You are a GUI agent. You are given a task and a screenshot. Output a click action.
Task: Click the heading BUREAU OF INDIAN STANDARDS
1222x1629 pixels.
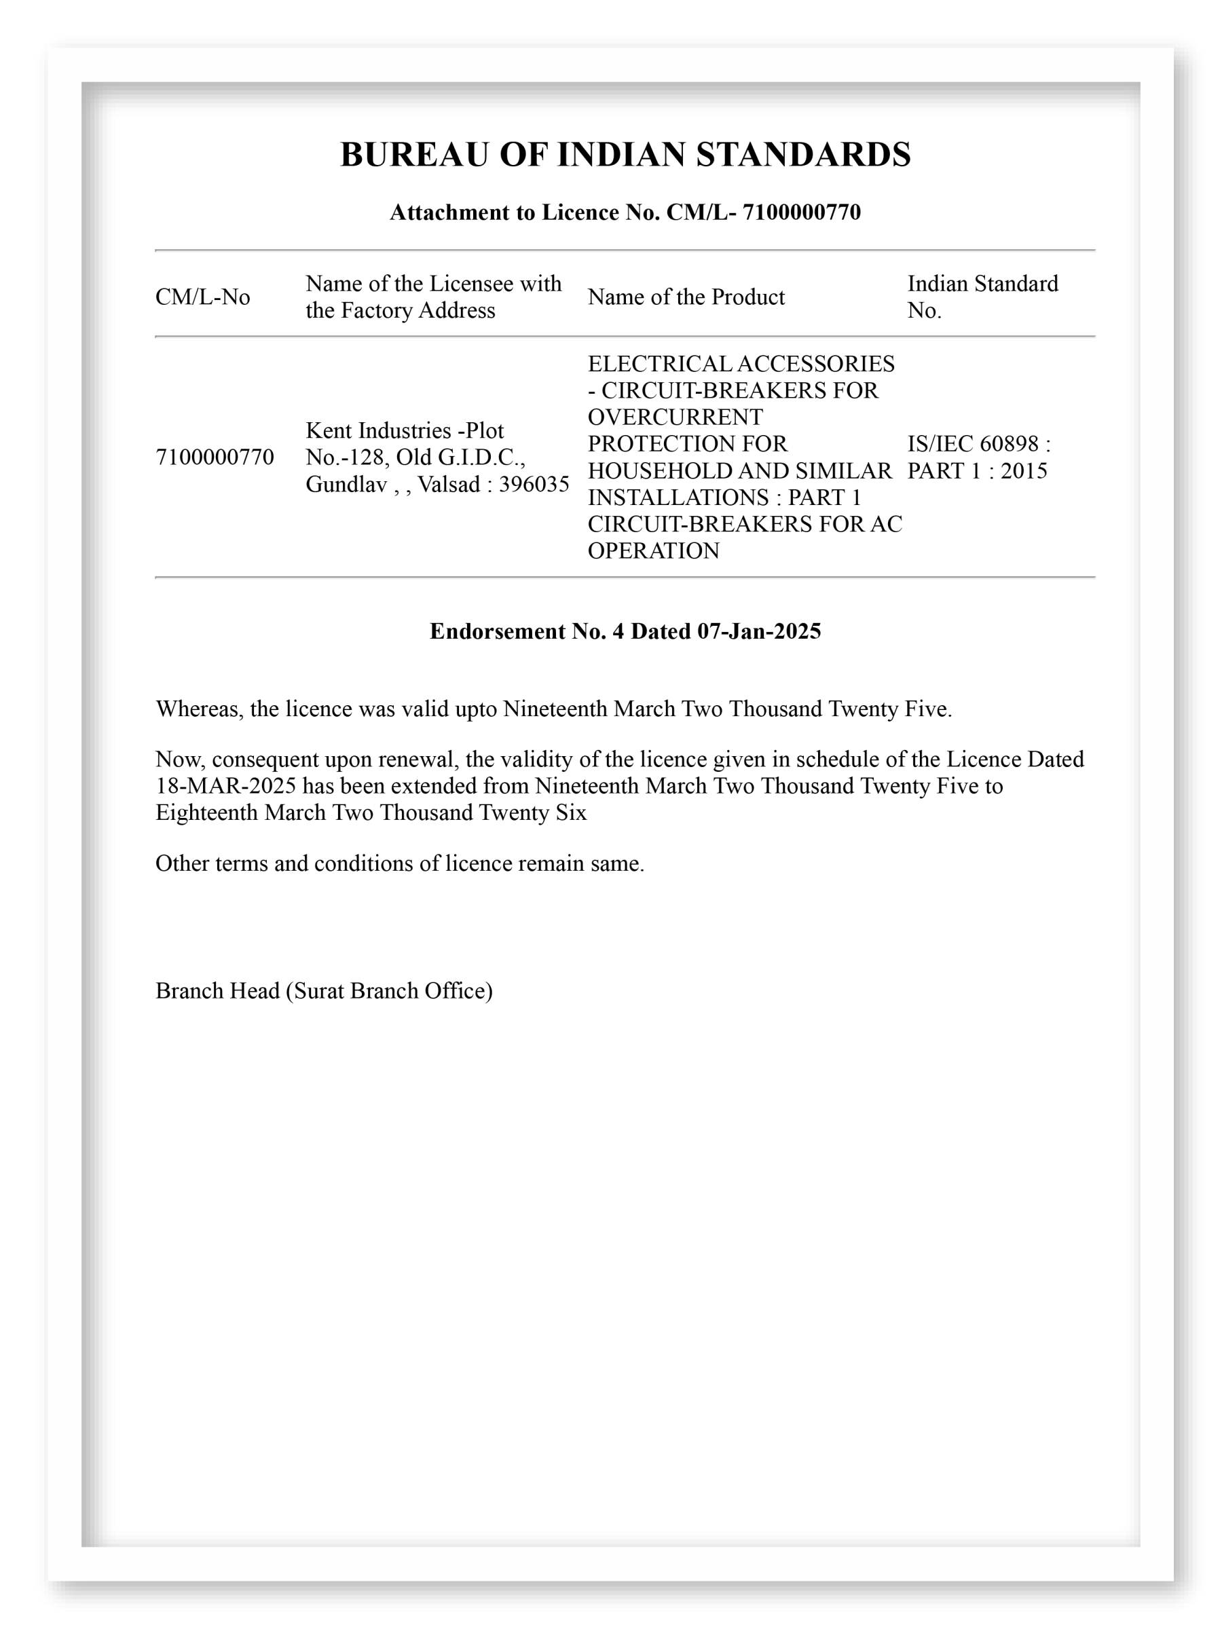click(625, 155)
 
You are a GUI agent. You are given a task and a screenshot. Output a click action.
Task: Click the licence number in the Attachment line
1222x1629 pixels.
click(800, 212)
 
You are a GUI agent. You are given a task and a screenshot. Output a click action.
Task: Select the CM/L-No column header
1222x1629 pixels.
click(202, 297)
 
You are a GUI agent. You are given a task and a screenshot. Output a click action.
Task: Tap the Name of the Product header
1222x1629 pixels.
click(686, 297)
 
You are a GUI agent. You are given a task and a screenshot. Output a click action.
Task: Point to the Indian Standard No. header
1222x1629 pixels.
click(982, 297)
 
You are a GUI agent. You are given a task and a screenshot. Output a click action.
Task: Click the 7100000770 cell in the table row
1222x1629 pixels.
click(215, 457)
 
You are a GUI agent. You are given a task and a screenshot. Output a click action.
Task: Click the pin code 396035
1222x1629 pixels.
click(534, 484)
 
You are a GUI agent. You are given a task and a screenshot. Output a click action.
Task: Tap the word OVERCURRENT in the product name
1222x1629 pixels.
click(675, 417)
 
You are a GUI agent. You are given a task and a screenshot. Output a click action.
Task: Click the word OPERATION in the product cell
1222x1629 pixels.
click(652, 551)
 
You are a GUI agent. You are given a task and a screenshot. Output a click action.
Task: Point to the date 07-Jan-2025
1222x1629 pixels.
click(759, 631)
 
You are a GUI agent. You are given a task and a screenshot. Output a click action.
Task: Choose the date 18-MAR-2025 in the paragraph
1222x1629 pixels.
click(225, 786)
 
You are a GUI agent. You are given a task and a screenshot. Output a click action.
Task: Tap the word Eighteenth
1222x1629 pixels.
click(207, 812)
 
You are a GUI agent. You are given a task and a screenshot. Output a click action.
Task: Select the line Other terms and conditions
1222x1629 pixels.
click(399, 863)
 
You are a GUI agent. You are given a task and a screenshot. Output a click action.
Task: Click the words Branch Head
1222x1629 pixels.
click(217, 990)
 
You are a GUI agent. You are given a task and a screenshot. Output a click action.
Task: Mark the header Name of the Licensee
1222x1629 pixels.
click(433, 284)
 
